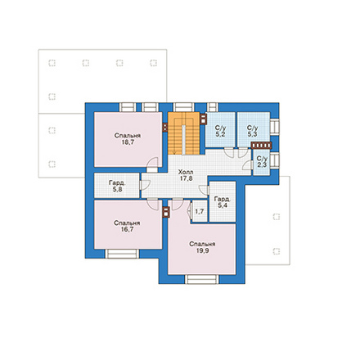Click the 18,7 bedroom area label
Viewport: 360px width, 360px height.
click(x=128, y=142)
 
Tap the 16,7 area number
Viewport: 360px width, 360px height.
click(x=127, y=229)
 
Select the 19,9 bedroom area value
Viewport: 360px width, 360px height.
click(x=202, y=250)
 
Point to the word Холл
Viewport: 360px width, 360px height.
click(x=186, y=172)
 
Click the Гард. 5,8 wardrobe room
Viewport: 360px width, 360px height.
click(x=117, y=186)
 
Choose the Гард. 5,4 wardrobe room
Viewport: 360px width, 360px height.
click(x=223, y=202)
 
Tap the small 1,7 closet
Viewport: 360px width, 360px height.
click(x=200, y=211)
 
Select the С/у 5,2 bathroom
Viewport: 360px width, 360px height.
click(x=220, y=129)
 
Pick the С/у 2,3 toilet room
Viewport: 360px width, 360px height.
click(x=262, y=163)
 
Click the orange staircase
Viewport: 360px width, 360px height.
click(x=184, y=133)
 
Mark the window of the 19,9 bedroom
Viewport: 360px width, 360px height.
click(x=202, y=279)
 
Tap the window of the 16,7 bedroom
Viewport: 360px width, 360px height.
click(x=122, y=254)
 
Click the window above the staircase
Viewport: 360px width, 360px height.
click(x=184, y=107)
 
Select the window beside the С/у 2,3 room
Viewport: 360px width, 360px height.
click(x=275, y=161)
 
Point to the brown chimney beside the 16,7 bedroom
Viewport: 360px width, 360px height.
click(x=166, y=212)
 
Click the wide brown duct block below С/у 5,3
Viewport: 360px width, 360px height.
click(x=262, y=146)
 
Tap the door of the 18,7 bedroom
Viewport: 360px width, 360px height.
click(x=152, y=165)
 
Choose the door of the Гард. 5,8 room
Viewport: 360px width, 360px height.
click(x=144, y=186)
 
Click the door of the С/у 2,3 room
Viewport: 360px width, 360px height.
click(x=248, y=165)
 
